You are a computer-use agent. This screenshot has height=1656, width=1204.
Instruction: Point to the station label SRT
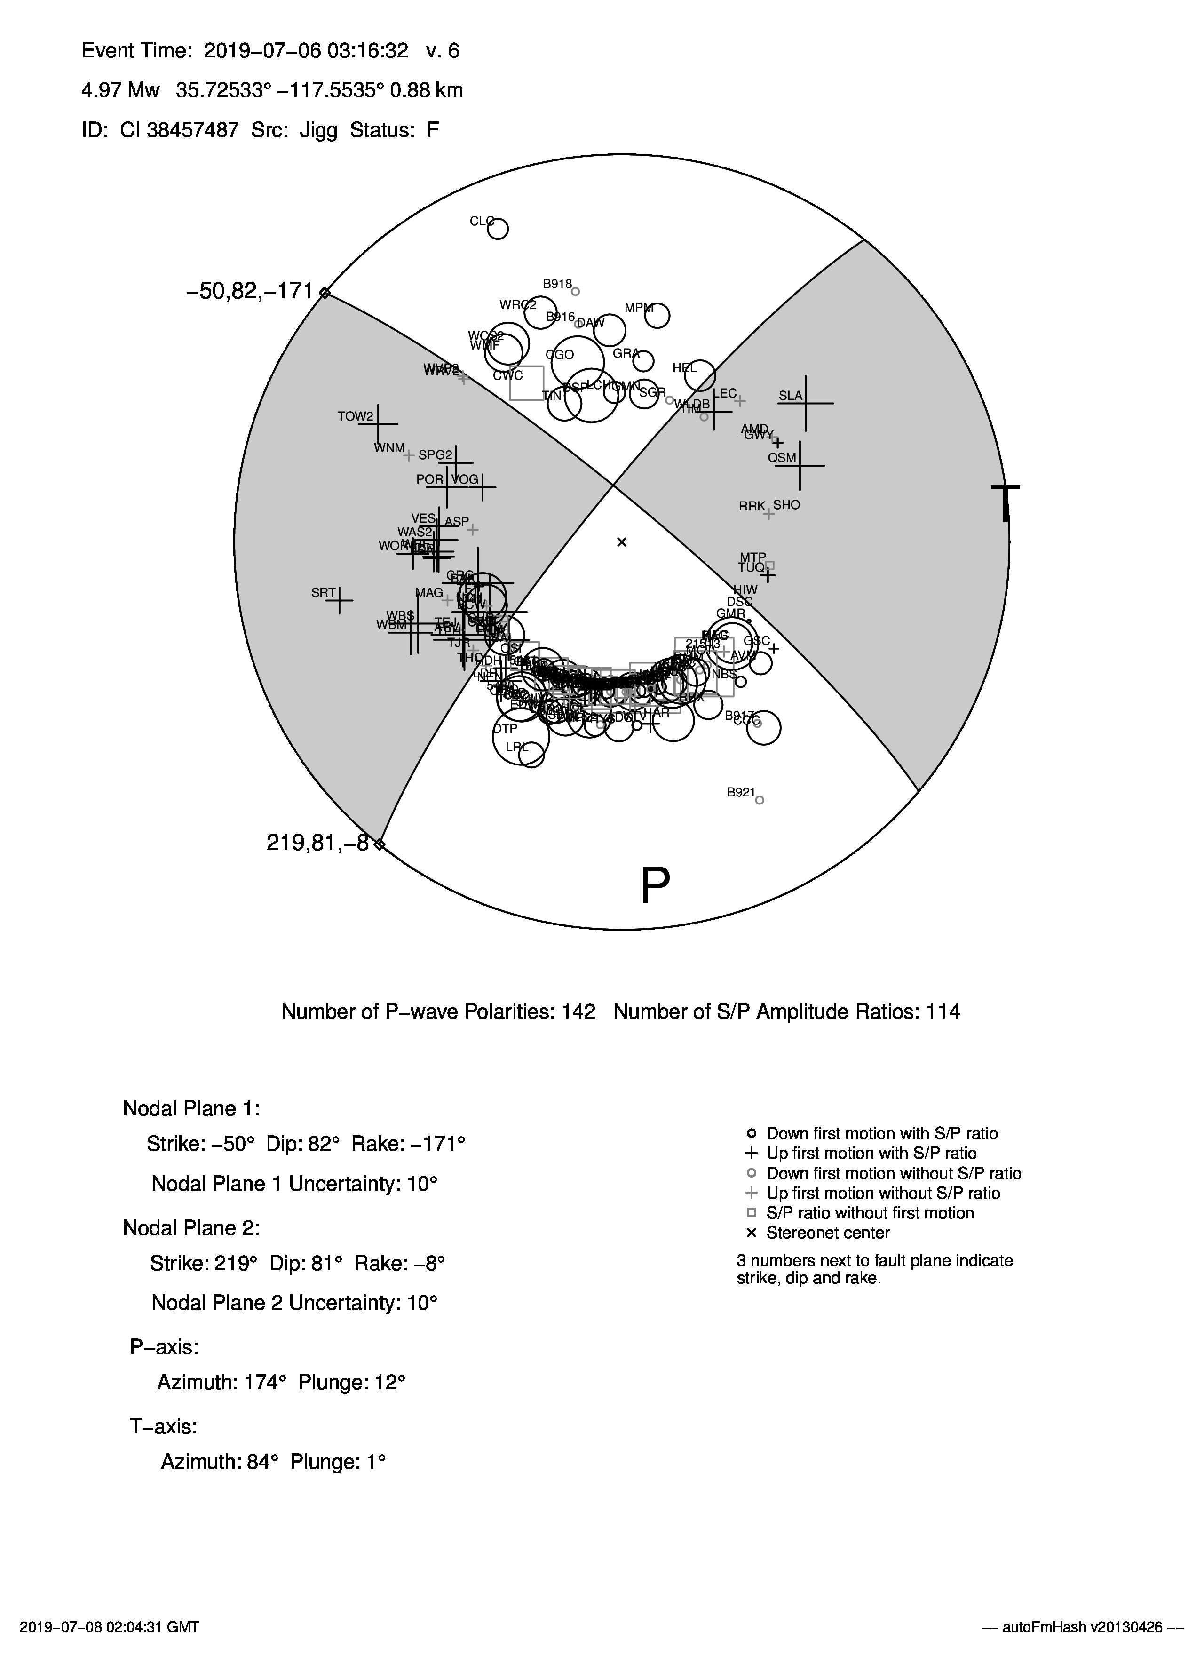tap(324, 593)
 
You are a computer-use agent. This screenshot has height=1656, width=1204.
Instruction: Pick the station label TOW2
tap(356, 417)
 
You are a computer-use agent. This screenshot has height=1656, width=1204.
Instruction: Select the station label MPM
tap(639, 308)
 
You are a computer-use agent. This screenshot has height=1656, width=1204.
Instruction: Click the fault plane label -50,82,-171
tap(250, 291)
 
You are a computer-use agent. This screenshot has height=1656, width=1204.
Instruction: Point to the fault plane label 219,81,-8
tap(317, 844)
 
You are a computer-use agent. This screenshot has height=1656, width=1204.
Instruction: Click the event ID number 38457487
tap(193, 130)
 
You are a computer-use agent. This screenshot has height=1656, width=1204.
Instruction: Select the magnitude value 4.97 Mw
tap(120, 90)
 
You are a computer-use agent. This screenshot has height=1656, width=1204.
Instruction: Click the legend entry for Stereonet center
tap(828, 1233)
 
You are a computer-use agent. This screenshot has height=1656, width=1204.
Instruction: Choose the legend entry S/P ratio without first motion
tap(870, 1213)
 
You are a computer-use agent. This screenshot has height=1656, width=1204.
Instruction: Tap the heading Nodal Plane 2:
tap(191, 1228)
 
